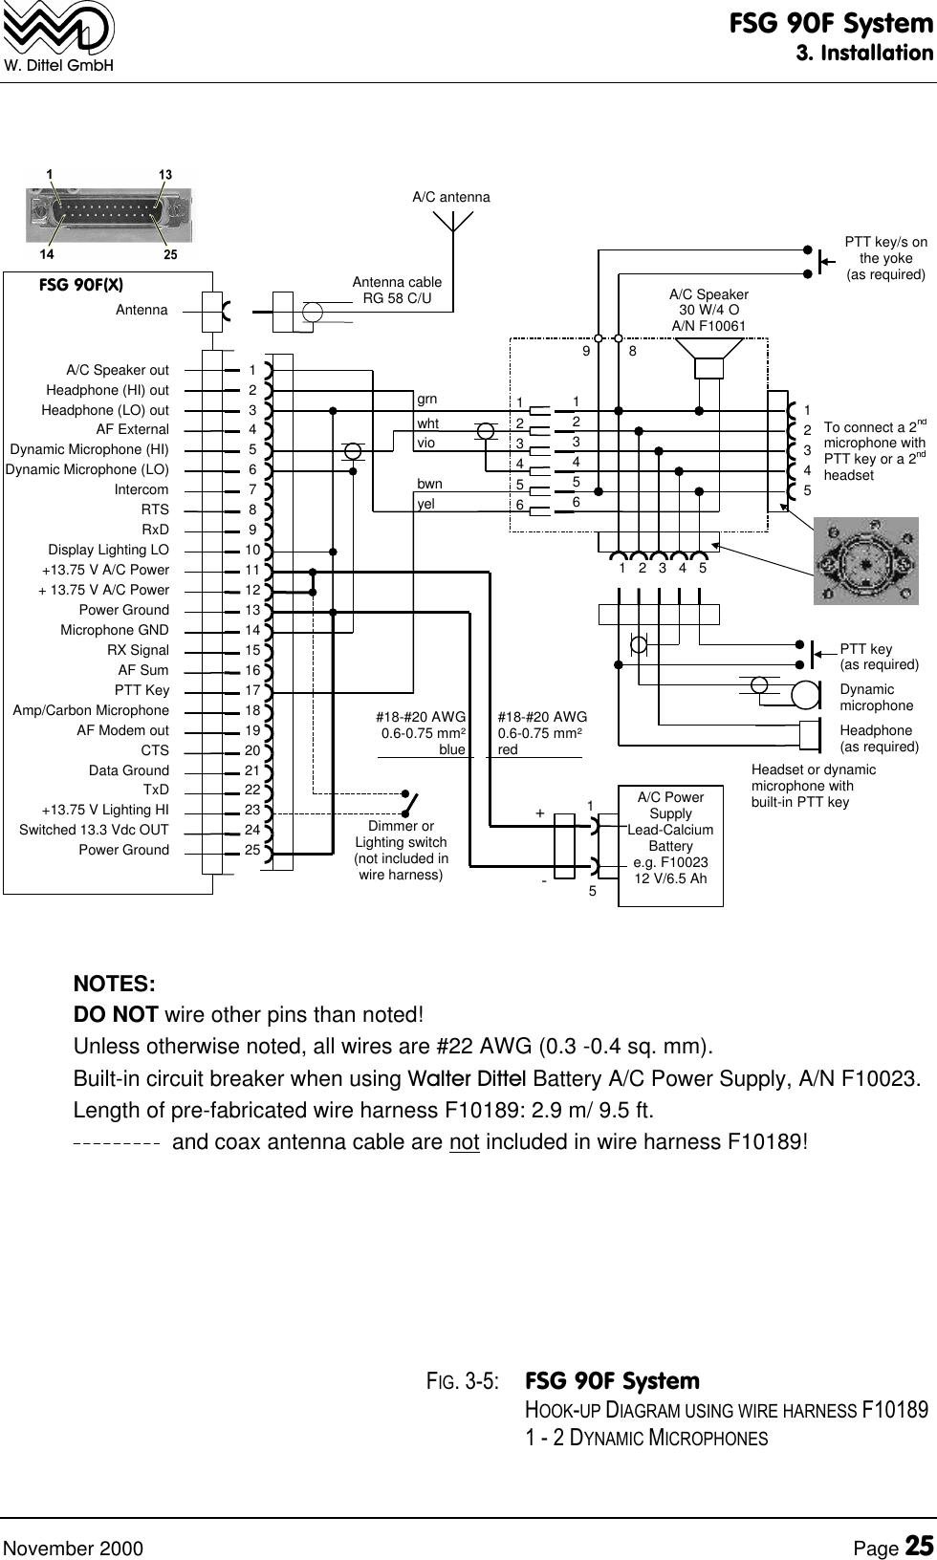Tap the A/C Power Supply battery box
pyautogui.click(x=670, y=837)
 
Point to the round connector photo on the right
pyautogui.click(x=864, y=560)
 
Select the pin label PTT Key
pyautogui.click(x=142, y=690)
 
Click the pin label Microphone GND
pyautogui.click(x=115, y=630)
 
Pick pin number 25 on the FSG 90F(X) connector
pyautogui.click(x=252, y=850)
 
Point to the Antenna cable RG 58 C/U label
pyautogui.click(x=397, y=291)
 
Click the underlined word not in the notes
pyautogui.click(x=464, y=1142)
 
